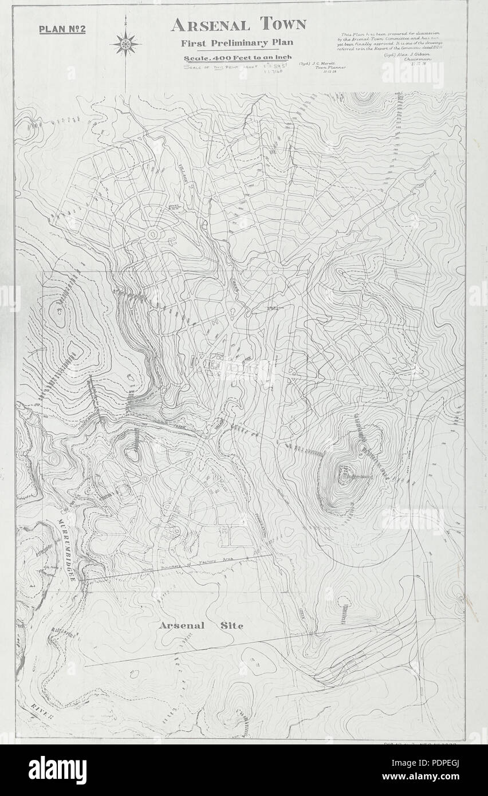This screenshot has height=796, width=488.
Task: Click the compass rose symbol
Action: (126, 44)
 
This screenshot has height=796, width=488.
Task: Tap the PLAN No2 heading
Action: (62, 29)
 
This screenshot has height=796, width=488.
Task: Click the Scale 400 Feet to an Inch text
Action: (238, 58)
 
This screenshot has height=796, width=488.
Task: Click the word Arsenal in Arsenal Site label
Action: (182, 625)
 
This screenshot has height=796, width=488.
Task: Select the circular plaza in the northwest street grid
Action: (154, 234)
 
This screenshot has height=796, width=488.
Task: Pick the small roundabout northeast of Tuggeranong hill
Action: (410, 393)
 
